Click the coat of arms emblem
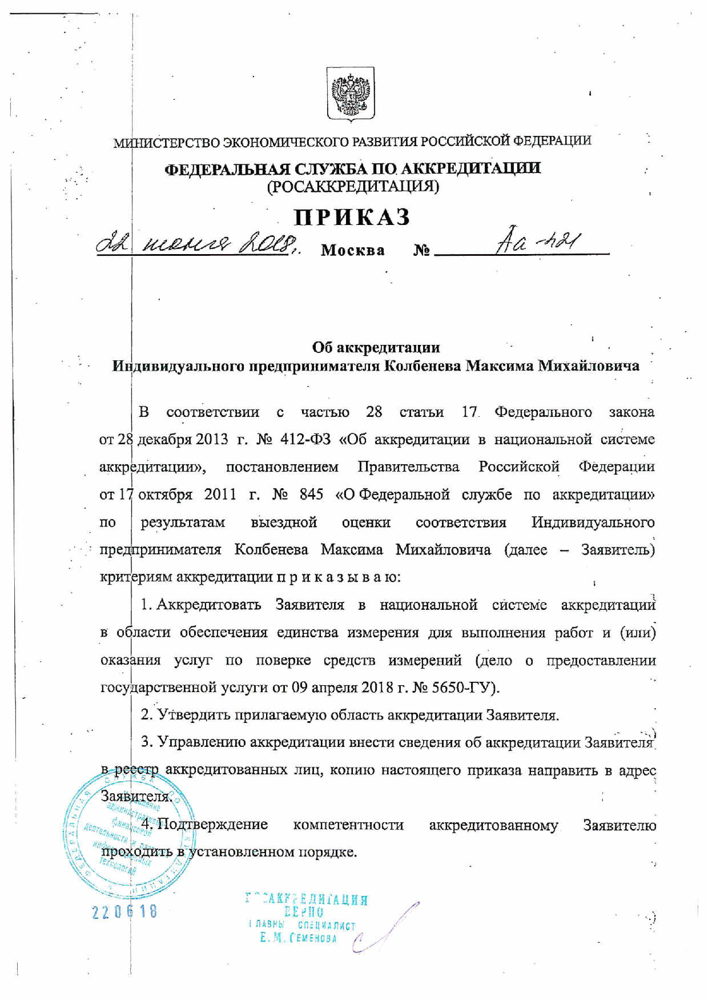coord(351,94)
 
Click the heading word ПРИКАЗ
coord(352,218)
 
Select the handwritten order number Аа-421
coord(538,244)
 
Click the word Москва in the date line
coord(353,251)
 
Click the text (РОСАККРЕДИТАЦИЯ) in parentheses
coord(353,187)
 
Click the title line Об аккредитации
coord(376,347)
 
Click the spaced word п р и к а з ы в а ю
coord(339,577)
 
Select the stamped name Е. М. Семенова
coord(298,938)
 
